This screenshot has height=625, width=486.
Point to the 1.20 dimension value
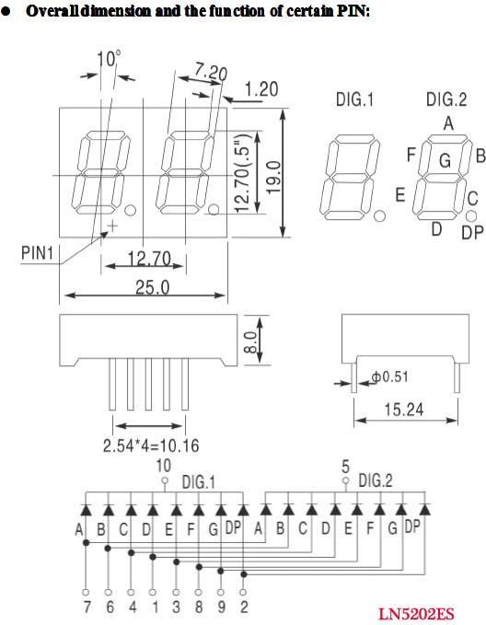pos(261,90)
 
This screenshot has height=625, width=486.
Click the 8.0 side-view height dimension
pos(249,342)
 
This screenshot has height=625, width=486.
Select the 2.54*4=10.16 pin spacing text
pos(150,446)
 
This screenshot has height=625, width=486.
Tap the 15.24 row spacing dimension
pos(404,410)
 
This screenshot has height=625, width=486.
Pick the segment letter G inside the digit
pos(444,161)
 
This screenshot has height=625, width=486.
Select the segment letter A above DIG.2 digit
pos(447,123)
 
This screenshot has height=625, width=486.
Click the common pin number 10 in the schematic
pos(164,465)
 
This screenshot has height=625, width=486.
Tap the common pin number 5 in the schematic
pos(345,465)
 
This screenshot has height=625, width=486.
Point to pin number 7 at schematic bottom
pos(87,608)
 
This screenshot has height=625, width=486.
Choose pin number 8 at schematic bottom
pos(199,608)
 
